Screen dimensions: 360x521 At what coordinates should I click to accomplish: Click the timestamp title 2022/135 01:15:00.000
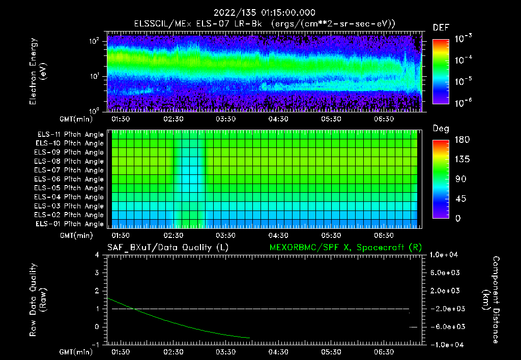[264, 13]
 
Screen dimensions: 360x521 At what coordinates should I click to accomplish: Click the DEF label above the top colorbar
[441, 28]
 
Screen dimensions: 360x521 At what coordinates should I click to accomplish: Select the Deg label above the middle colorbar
[441, 129]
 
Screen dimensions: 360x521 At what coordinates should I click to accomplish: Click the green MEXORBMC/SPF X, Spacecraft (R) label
[345, 247]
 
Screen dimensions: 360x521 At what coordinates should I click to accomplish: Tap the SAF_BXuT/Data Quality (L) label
[167, 247]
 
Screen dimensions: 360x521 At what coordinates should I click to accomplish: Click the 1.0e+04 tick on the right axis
[446, 255]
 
